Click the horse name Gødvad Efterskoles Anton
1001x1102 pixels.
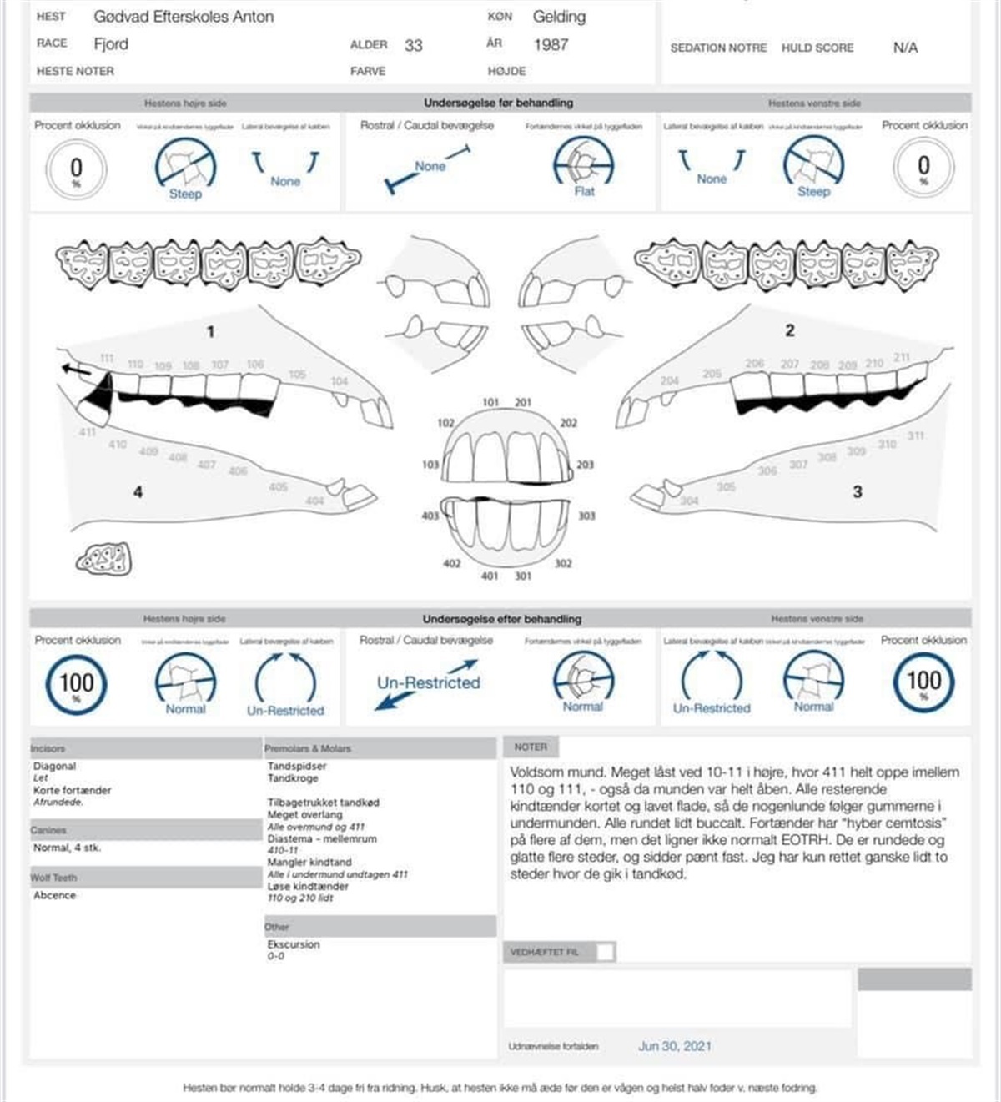[x=184, y=17]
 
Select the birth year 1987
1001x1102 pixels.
[x=551, y=44]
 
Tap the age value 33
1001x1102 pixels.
[x=413, y=45]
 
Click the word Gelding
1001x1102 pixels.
[x=559, y=17]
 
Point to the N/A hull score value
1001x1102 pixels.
[x=905, y=48]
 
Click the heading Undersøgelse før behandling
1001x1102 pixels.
[x=498, y=103]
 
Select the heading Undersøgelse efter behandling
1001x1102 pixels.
[x=501, y=619]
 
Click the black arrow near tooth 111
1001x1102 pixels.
[x=76, y=370]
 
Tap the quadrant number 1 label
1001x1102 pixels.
[x=210, y=331]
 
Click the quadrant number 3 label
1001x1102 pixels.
[x=857, y=491]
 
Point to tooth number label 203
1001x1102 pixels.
[x=585, y=465]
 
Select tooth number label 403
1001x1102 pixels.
[x=430, y=516]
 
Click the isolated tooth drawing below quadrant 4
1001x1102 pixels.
[x=104, y=559]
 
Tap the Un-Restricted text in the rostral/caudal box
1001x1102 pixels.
[x=429, y=682]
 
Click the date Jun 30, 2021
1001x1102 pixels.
[x=675, y=1046]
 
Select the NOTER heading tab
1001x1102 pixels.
[x=531, y=747]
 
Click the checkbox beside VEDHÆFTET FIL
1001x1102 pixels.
[x=606, y=952]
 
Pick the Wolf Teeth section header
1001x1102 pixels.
[x=53, y=878]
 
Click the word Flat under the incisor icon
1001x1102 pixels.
[x=584, y=191]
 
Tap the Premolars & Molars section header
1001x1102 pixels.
[x=308, y=748]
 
